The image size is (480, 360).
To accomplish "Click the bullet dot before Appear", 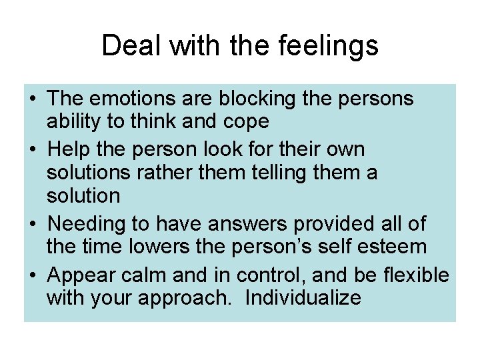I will [x=32, y=273].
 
